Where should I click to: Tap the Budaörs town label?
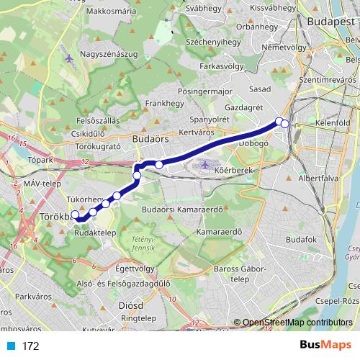(150, 134)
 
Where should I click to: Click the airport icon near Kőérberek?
(205, 166)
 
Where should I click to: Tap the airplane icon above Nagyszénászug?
(68, 58)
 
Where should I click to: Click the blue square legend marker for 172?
(10, 346)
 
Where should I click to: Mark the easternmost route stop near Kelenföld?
(285, 124)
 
